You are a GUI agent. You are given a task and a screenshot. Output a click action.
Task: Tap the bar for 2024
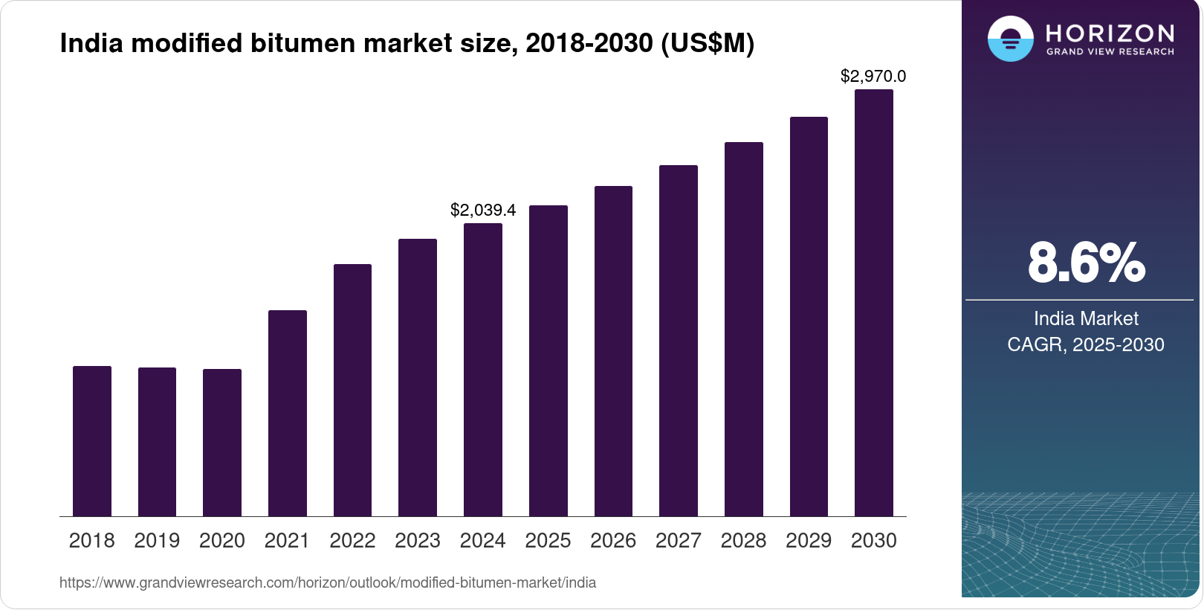click(483, 370)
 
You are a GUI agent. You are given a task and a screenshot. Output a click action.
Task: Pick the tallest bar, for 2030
click(874, 303)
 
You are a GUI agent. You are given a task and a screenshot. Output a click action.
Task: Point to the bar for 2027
click(679, 341)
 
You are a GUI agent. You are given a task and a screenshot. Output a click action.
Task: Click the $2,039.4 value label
click(483, 211)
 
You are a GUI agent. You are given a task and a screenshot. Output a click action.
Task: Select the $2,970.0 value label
click(873, 76)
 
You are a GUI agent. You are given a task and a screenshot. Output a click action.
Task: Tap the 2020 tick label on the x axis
click(222, 541)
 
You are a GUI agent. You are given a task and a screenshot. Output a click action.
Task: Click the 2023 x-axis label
click(418, 541)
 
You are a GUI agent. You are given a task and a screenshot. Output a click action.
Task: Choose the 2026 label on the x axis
click(613, 541)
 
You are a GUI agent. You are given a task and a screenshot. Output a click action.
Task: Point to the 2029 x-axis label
click(809, 541)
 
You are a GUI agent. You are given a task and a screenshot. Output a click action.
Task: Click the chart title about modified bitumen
click(407, 44)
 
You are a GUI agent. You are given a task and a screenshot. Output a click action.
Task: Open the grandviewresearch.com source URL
click(328, 583)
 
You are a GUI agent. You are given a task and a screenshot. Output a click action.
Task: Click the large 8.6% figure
click(1086, 263)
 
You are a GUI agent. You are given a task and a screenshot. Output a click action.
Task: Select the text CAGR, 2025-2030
click(1086, 345)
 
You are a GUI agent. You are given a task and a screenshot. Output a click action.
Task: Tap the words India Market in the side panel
click(1086, 319)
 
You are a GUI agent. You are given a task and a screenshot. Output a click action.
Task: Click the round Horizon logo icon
click(1010, 39)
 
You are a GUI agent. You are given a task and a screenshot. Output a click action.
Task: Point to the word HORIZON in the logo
click(1110, 33)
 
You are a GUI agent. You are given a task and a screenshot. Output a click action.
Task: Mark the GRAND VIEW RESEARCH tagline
click(1110, 52)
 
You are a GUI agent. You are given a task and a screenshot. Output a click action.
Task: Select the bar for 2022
click(352, 390)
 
